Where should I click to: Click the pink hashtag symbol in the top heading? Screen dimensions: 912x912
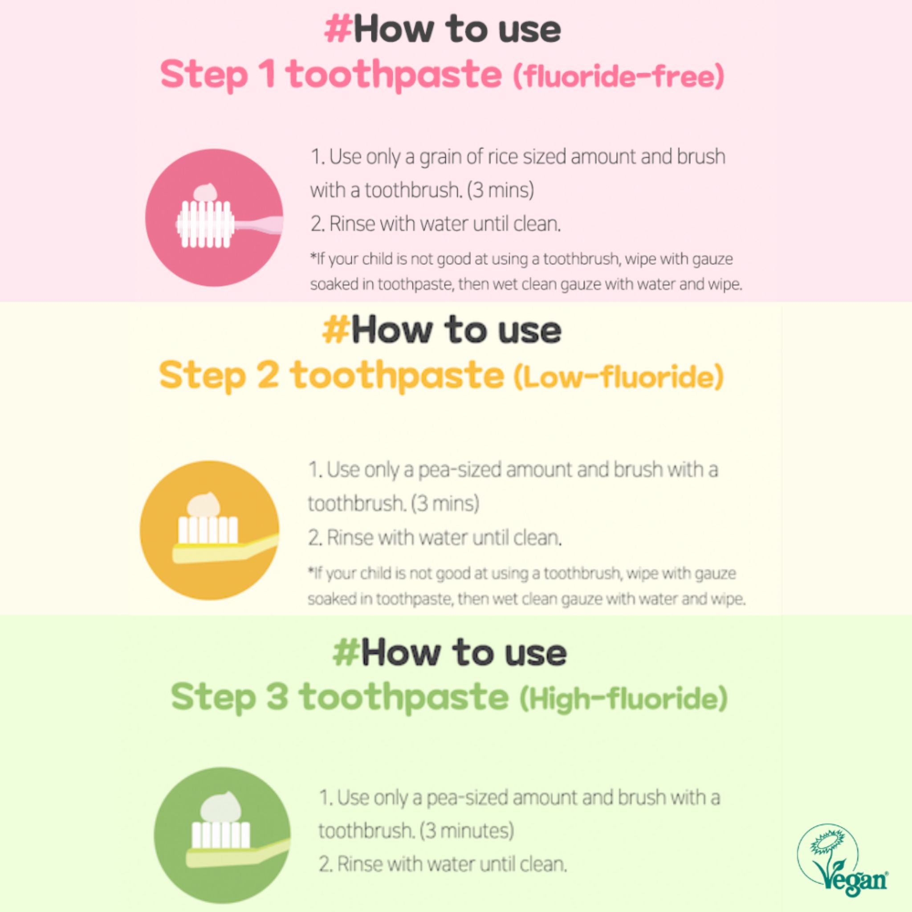pyautogui.click(x=338, y=29)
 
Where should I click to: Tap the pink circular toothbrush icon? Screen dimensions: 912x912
pyautogui.click(x=214, y=218)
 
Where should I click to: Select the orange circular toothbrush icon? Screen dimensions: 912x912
pyautogui.click(x=209, y=530)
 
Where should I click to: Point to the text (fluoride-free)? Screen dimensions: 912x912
pyautogui.click(x=619, y=77)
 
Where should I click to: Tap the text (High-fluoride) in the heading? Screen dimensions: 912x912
pyautogui.click(x=623, y=699)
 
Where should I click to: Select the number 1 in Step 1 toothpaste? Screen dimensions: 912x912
pyautogui.click(x=268, y=73)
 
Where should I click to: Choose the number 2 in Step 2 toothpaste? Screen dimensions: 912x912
pyautogui.click(x=268, y=376)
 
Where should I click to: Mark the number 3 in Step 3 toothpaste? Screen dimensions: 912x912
pyautogui.click(x=277, y=696)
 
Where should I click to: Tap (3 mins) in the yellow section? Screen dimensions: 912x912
pyautogui.click(x=445, y=504)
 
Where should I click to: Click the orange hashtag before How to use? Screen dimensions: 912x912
pyautogui.click(x=336, y=330)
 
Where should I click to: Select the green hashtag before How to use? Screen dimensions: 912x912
pyautogui.click(x=346, y=652)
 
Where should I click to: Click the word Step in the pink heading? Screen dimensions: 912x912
pyautogui.click(x=204, y=74)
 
